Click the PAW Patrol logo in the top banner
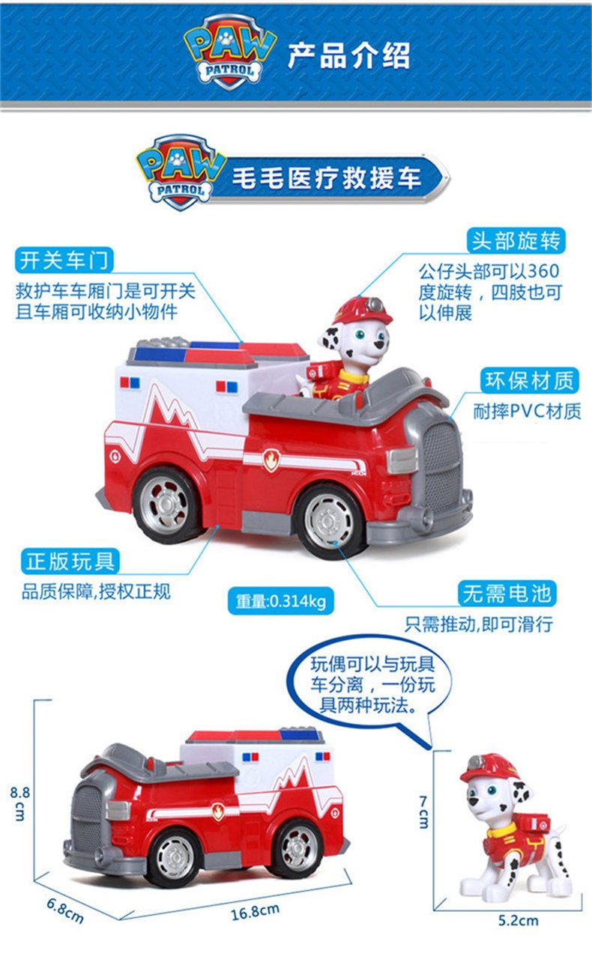click(x=230, y=54)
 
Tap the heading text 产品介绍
click(x=349, y=55)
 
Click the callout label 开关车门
click(x=64, y=261)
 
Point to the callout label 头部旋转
click(x=516, y=241)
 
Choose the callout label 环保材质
click(x=530, y=380)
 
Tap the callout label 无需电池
click(x=507, y=594)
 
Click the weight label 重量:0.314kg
click(x=281, y=600)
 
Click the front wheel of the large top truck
click(x=330, y=520)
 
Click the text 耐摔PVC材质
click(x=527, y=411)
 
